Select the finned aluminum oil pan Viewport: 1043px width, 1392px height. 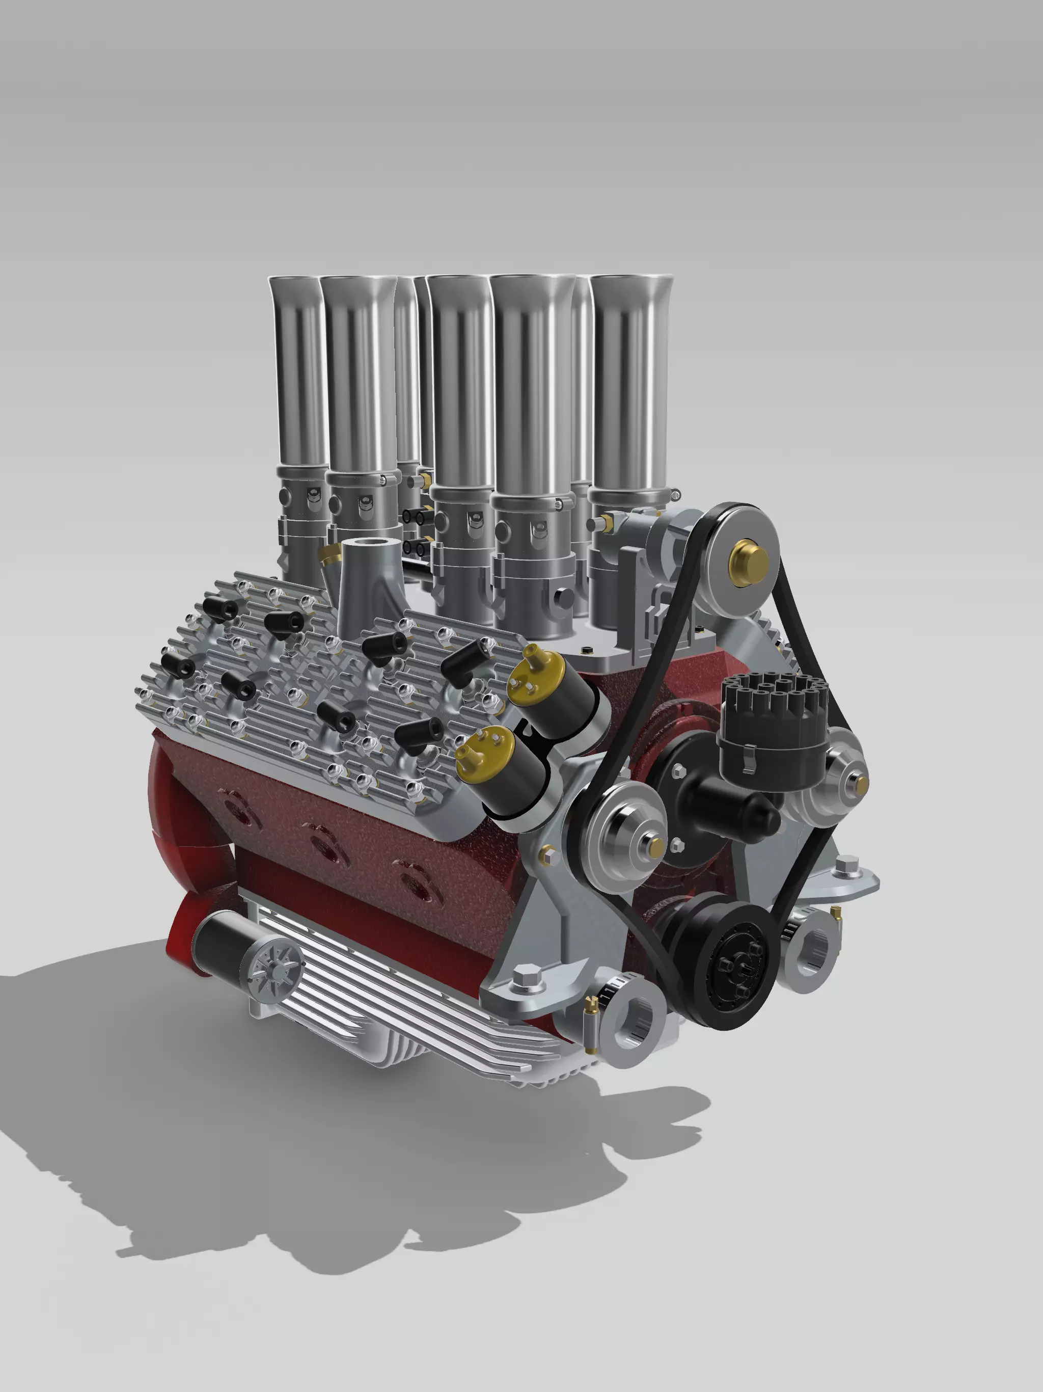tap(403, 1001)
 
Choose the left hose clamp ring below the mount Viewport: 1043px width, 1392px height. tap(632, 1015)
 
